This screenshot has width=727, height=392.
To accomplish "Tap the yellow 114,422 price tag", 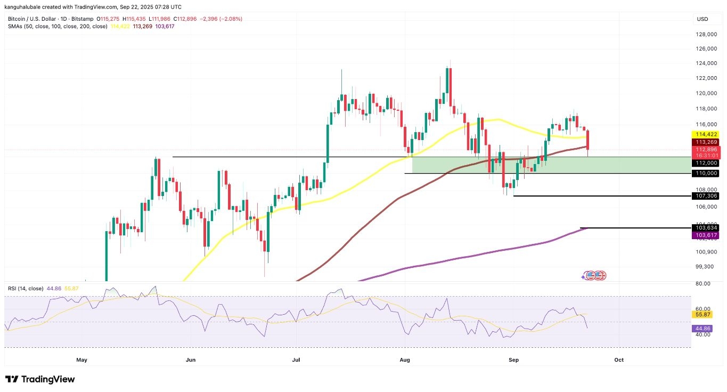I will (x=705, y=134).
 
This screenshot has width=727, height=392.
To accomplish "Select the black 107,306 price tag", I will (x=705, y=196).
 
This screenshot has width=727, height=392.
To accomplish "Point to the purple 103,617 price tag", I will (x=705, y=235).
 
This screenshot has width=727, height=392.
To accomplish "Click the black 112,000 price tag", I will (x=705, y=163).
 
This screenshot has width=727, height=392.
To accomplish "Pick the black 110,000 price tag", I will (x=705, y=173).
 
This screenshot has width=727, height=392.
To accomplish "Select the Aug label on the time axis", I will (x=404, y=360).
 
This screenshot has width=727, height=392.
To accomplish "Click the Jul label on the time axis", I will (x=297, y=360).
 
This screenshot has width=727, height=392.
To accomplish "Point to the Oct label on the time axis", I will (x=619, y=360).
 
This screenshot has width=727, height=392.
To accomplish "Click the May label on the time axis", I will (x=81, y=360).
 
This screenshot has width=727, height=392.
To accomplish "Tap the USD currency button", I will (x=703, y=19).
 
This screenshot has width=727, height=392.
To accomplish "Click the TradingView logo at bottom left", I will (x=40, y=379).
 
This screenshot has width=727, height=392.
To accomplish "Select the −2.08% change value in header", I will (x=230, y=19).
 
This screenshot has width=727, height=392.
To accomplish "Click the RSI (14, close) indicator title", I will (x=26, y=288).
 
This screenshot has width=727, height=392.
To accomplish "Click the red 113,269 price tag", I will (x=705, y=142).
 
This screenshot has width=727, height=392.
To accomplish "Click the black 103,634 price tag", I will (x=705, y=227).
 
